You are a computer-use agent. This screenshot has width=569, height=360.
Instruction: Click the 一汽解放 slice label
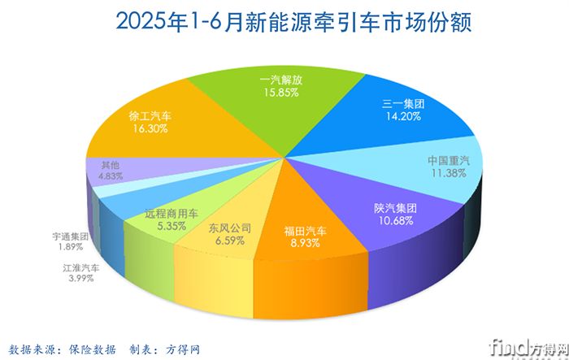tap(281, 80)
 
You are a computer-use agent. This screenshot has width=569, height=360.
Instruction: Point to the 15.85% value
tap(281, 93)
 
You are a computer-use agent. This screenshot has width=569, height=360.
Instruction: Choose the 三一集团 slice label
tap(403, 103)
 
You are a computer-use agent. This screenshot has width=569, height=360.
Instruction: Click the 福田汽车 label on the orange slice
tap(305, 231)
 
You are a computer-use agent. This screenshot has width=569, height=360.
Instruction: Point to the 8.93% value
tap(305, 243)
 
